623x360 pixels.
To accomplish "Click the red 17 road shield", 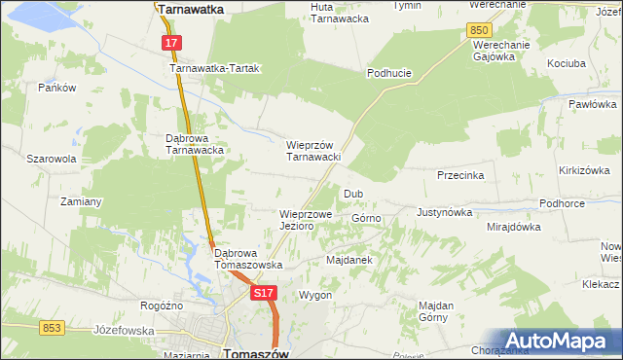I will [170, 43].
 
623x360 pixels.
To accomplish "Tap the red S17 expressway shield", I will [261, 292].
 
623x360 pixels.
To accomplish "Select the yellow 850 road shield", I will [478, 31].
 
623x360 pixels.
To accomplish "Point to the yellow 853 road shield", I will [52, 328].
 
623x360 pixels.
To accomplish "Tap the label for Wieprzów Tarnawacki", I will [312, 151].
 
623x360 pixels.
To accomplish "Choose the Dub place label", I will [352, 194].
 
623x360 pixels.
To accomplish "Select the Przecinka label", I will [461, 176].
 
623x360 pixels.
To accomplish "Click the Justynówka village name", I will [444, 211].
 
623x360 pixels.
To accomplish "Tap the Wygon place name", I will [316, 295].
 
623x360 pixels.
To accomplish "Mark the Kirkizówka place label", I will [584, 170].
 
